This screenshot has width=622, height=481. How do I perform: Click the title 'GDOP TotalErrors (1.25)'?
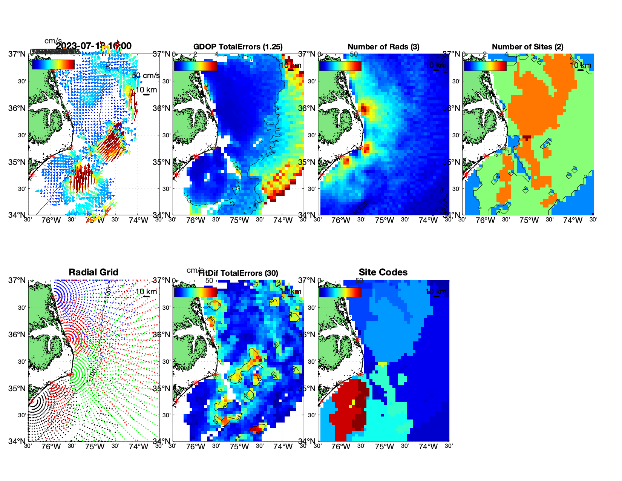(x=238, y=47)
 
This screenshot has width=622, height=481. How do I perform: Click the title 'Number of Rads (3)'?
(x=383, y=47)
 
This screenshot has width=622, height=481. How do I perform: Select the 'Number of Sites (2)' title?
(x=527, y=47)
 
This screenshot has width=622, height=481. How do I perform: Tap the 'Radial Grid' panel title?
(x=93, y=272)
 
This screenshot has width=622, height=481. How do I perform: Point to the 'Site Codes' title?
(x=383, y=272)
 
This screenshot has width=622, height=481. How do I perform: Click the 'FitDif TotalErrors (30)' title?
(x=238, y=273)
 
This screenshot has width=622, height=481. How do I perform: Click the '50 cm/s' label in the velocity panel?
(x=146, y=75)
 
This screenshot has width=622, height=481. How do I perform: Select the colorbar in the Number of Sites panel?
(x=485, y=66)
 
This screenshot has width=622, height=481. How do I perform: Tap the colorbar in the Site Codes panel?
(x=340, y=292)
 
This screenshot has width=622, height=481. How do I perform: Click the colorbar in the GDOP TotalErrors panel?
(x=195, y=66)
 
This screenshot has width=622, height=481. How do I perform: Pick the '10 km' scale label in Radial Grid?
(x=146, y=292)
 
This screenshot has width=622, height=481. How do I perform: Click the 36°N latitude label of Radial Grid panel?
(x=17, y=335)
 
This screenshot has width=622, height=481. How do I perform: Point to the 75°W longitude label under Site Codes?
(x=384, y=447)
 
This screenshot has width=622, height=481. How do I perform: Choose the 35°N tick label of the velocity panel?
(x=17, y=162)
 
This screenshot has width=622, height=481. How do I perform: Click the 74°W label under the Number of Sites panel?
(x=572, y=220)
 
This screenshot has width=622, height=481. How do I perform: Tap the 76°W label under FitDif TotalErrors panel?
(x=196, y=447)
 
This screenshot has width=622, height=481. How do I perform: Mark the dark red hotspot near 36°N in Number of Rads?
(x=363, y=109)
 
